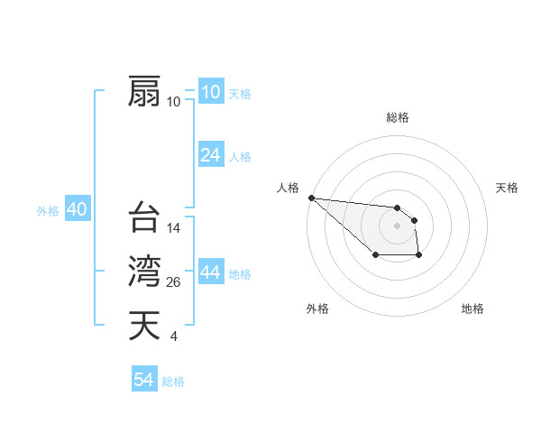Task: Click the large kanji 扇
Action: point(143,91)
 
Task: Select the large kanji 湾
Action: point(143,272)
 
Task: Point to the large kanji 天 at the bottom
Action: point(143,326)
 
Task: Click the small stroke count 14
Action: point(175,228)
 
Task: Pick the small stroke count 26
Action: point(175,282)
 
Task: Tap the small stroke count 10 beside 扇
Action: point(174,102)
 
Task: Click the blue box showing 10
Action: point(210,92)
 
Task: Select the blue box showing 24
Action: point(210,155)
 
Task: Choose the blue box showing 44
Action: point(210,272)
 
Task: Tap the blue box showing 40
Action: point(77,209)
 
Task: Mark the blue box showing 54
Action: point(143,380)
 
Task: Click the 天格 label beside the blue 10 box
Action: point(240,94)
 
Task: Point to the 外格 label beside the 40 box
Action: point(48,211)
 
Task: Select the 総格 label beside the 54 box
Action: point(173,382)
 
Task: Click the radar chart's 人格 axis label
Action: point(288,188)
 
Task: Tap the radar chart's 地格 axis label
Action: point(472,309)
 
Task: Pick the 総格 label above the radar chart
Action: point(398,117)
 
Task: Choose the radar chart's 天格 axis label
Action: point(507,188)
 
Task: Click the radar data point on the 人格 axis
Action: point(311,198)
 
